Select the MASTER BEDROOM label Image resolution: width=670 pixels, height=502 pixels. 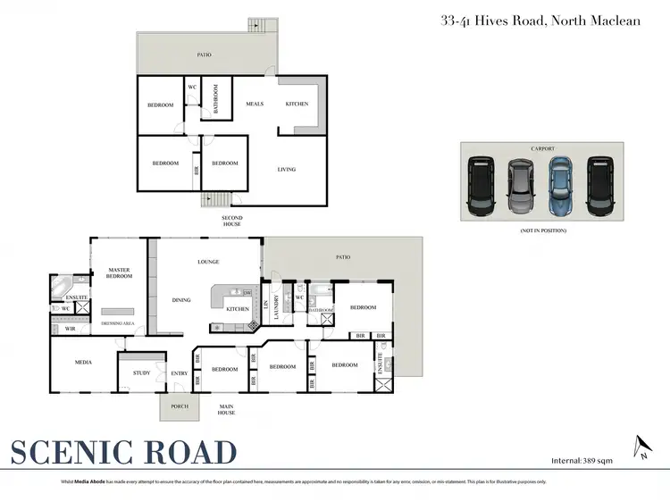click(x=120, y=272)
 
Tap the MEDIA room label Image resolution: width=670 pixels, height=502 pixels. click(x=83, y=363)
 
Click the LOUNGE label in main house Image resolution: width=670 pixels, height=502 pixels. click(x=208, y=262)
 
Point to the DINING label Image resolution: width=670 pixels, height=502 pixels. click(x=181, y=300)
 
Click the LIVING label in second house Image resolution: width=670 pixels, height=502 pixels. click(x=286, y=169)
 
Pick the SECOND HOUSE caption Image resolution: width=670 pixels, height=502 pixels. click(x=232, y=222)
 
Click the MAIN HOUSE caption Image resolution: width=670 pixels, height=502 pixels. click(x=227, y=409)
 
